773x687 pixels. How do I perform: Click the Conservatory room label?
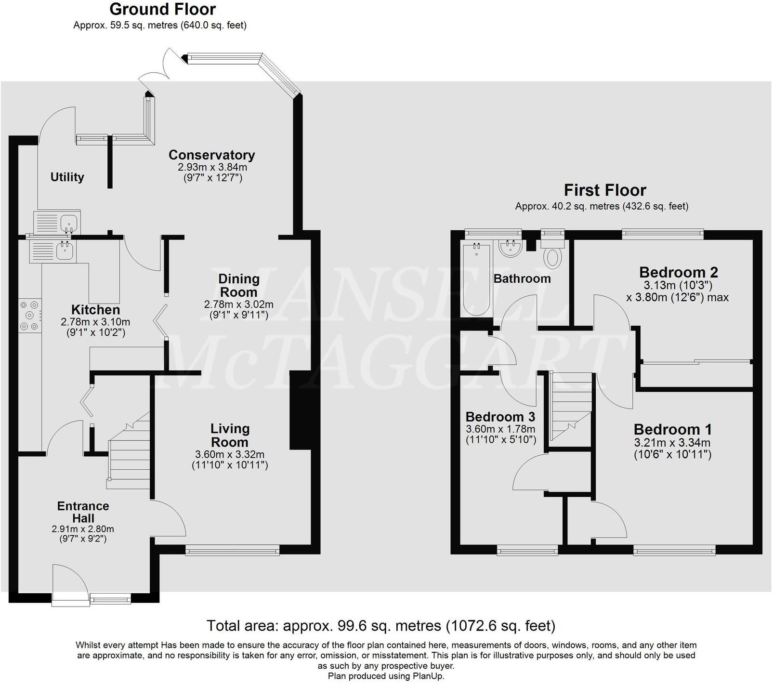[212, 155]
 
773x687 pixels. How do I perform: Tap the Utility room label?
[67, 177]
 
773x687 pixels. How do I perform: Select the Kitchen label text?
[95, 310]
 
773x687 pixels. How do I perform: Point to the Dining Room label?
[239, 285]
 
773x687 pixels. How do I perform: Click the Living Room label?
[230, 436]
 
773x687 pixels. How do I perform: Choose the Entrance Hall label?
[83, 512]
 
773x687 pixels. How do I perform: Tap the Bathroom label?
[522, 278]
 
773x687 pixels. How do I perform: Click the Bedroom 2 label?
[679, 272]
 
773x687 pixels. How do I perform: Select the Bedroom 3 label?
[500, 417]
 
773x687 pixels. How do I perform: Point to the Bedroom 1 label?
[673, 429]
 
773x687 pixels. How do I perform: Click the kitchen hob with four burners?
[30, 316]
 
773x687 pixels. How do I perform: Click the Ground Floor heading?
[163, 9]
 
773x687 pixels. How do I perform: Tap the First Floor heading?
[605, 190]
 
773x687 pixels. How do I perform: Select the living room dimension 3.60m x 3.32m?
[230, 454]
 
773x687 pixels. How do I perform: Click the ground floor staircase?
[128, 450]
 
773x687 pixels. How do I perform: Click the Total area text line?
[381, 626]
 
